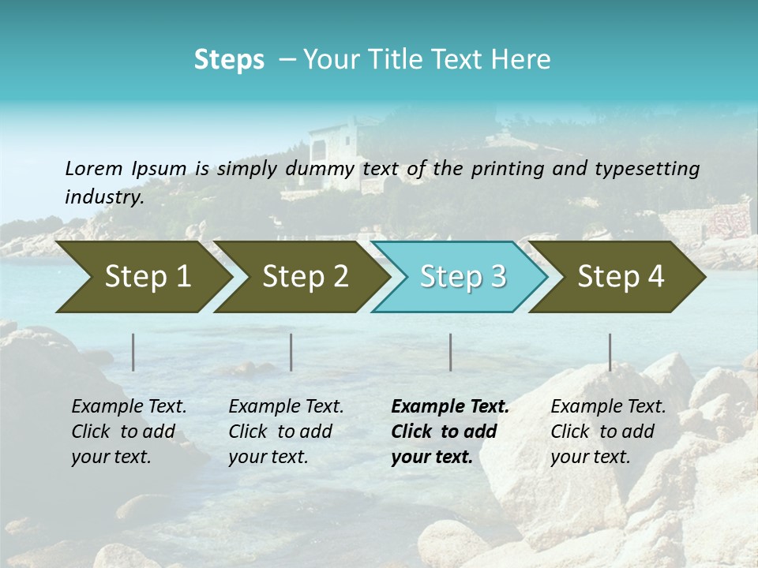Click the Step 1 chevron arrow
[142, 277]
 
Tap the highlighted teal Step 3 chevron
[462, 277]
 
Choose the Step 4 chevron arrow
[620, 277]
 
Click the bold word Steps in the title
[229, 60]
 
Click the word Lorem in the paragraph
[93, 168]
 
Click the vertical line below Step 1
[133, 352]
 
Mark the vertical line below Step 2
[291, 352]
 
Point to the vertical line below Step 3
[450, 352]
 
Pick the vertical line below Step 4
[610, 352]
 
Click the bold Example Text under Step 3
[450, 407]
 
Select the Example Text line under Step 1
[129, 407]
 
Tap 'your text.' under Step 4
[590, 458]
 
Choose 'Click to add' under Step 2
[280, 432]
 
